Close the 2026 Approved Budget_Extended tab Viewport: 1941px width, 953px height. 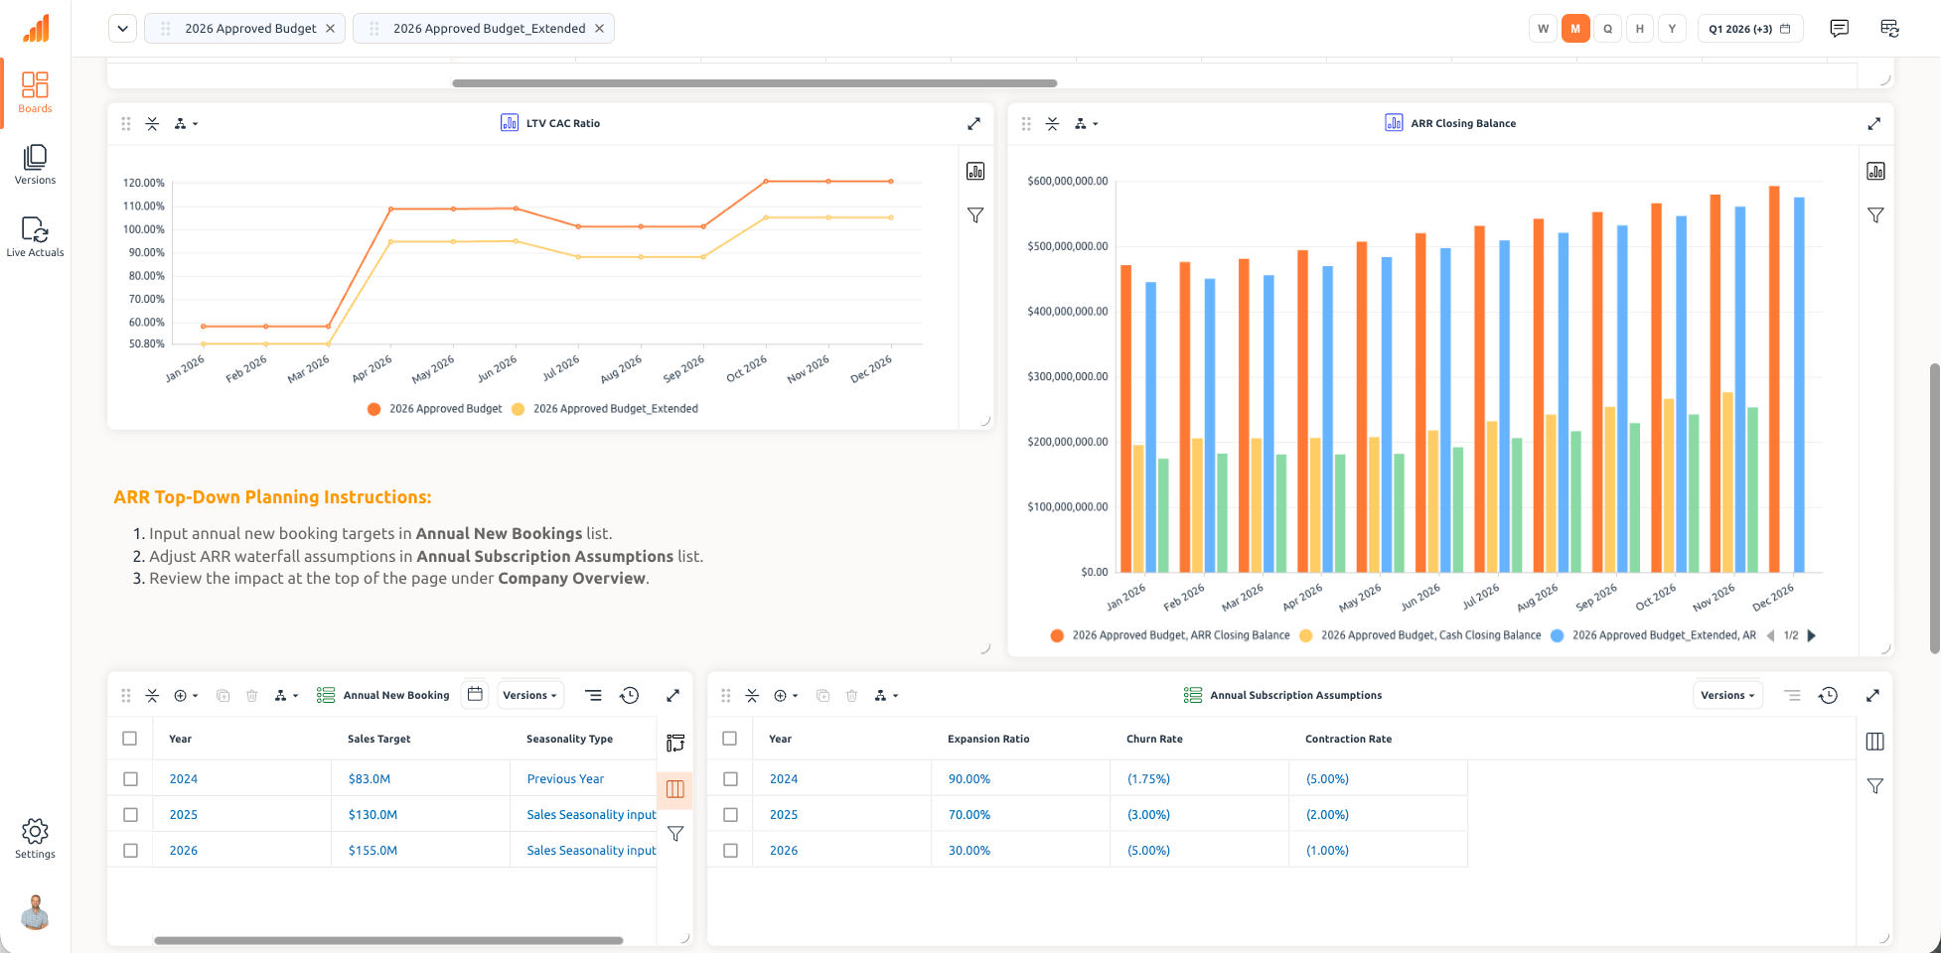[x=599, y=29]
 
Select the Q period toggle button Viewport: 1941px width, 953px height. [x=1607, y=29]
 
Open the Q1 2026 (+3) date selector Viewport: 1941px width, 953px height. [x=1749, y=29]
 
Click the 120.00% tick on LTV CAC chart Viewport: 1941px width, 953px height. [x=144, y=183]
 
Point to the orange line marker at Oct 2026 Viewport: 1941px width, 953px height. [x=766, y=182]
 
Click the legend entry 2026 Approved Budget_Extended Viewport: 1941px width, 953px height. [x=615, y=409]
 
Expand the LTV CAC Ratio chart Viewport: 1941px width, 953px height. [x=973, y=124]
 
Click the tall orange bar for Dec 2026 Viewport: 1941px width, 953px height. [x=1774, y=377]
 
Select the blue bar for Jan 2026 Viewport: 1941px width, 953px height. [x=1150, y=427]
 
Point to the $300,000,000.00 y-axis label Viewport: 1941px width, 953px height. [x=1067, y=377]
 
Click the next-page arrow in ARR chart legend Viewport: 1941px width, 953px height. [x=1811, y=636]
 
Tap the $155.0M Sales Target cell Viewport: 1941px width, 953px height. [x=373, y=851]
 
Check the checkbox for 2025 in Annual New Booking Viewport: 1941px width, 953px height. [x=130, y=815]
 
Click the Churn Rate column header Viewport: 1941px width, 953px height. [x=1154, y=740]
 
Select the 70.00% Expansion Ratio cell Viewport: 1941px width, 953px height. [x=970, y=815]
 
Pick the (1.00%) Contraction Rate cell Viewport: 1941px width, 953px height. [x=1327, y=851]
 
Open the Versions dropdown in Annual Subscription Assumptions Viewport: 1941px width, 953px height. [x=1727, y=696]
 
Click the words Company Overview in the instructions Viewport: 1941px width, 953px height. [x=571, y=579]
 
